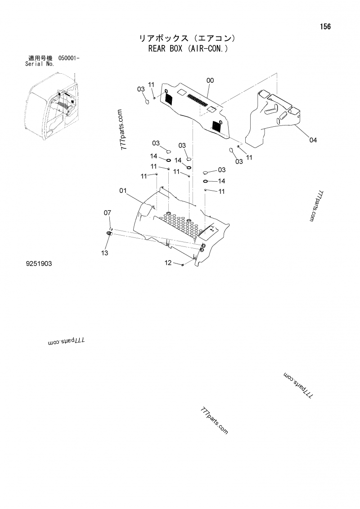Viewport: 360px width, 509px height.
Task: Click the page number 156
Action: coord(325,27)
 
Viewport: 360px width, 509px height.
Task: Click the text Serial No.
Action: coord(40,64)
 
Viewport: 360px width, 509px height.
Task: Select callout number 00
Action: coord(210,80)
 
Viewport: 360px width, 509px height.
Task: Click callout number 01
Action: coord(123,191)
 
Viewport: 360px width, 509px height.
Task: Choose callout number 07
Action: coord(108,212)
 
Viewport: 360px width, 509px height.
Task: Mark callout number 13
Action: coord(104,253)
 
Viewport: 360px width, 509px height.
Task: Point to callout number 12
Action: coord(168,263)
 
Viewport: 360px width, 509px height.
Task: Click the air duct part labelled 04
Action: coord(272,117)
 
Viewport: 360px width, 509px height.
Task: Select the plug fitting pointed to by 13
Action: coord(109,233)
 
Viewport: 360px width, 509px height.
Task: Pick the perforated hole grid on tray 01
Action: coord(180,223)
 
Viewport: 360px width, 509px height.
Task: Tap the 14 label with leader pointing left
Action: coord(221,181)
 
